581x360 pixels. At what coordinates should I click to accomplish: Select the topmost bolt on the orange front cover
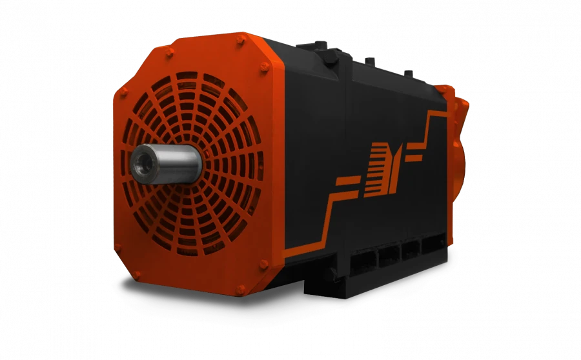click(241, 40)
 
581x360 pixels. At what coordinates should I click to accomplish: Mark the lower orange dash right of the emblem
click(416, 155)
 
